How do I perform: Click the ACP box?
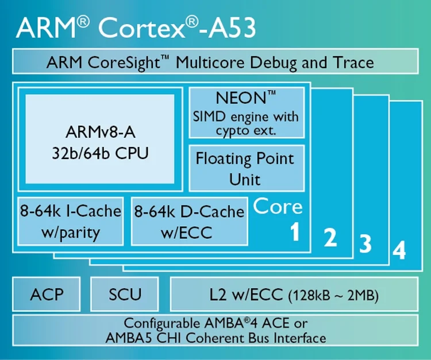(x=47, y=294)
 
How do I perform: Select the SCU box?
(x=125, y=294)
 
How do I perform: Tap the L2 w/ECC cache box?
(x=294, y=294)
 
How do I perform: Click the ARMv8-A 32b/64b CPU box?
(x=100, y=139)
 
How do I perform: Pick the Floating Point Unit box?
(x=247, y=168)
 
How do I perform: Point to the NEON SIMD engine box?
(x=247, y=113)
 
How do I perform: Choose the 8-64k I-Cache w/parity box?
(x=70, y=221)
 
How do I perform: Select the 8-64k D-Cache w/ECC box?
(x=190, y=221)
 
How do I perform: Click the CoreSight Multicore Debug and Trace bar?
(x=215, y=61)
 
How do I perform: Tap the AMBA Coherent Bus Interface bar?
(x=215, y=330)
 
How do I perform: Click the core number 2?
(x=330, y=238)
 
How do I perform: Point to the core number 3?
(x=365, y=243)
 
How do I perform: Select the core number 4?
(x=399, y=250)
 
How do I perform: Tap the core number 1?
(x=295, y=231)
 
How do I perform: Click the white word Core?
(x=278, y=206)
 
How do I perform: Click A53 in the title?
(x=232, y=28)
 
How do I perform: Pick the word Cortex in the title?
(x=141, y=28)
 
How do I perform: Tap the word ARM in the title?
(x=46, y=28)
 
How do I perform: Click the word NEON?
(x=241, y=98)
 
